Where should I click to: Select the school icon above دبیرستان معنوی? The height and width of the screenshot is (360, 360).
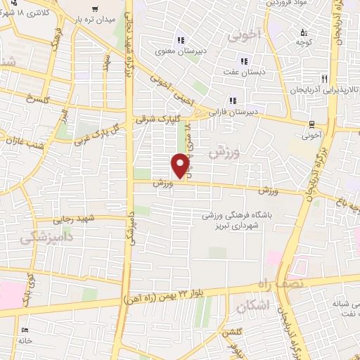tap(181, 40)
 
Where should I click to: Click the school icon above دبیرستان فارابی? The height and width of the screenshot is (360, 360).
tap(233, 101)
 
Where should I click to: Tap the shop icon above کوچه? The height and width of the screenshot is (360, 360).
tap(304, 32)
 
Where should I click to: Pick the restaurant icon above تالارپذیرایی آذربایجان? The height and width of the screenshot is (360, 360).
tap(323, 79)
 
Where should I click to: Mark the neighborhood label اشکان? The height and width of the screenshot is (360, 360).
tap(252, 306)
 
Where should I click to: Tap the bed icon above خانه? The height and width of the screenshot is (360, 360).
tap(25, 330)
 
